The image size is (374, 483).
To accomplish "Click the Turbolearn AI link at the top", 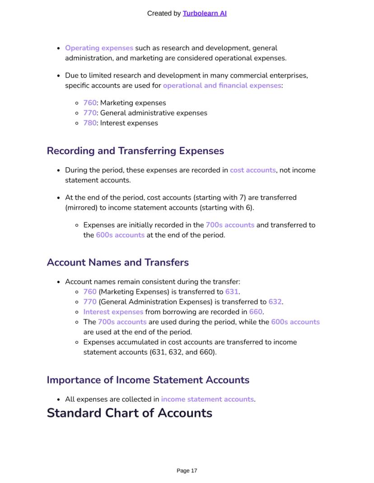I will point(205,14).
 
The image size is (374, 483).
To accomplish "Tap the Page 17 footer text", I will point(187,470).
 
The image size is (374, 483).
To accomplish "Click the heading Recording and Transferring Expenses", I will point(135,151).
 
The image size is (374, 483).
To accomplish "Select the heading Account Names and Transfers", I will point(117,262).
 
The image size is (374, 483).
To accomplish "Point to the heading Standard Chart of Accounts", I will point(129,413).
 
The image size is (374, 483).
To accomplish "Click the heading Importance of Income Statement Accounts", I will point(148,380).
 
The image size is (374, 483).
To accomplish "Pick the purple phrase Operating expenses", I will point(99,48).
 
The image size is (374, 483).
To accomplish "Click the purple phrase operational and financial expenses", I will point(222,85).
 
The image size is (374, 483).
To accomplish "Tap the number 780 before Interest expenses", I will point(89,123).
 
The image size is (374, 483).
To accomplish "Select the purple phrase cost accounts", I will point(252,170).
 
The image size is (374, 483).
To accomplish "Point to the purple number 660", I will point(255,312).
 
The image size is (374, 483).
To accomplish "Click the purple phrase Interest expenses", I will point(113,312).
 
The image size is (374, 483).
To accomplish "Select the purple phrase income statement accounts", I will point(207,399).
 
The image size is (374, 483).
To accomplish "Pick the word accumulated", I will point(134,342).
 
